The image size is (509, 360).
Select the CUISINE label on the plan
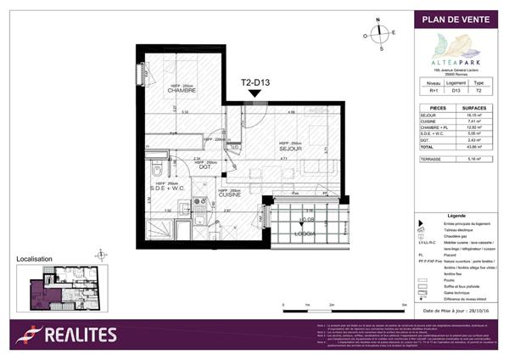point(230,194)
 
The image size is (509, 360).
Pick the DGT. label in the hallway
point(204,166)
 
